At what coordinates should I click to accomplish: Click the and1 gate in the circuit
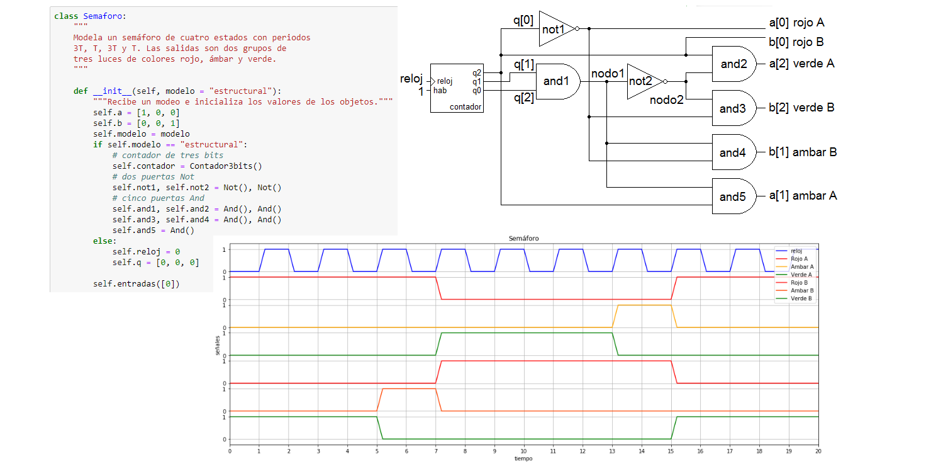[557, 81]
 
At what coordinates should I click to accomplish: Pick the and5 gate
[732, 196]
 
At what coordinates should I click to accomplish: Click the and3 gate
[732, 108]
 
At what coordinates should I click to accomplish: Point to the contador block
[457, 88]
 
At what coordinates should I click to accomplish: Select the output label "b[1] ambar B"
[803, 152]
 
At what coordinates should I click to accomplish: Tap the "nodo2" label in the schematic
[667, 100]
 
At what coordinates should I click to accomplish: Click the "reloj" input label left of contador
[412, 79]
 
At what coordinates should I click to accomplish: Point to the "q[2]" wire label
[524, 97]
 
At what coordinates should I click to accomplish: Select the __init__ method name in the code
[108, 91]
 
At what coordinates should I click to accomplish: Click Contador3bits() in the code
[226, 166]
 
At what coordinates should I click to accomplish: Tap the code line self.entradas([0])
[137, 283]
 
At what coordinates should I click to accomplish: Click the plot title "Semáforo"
[523, 239]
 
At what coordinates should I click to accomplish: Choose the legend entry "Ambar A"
[802, 267]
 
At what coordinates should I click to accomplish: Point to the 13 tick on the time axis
[612, 451]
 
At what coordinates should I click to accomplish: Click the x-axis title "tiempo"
[523, 458]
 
